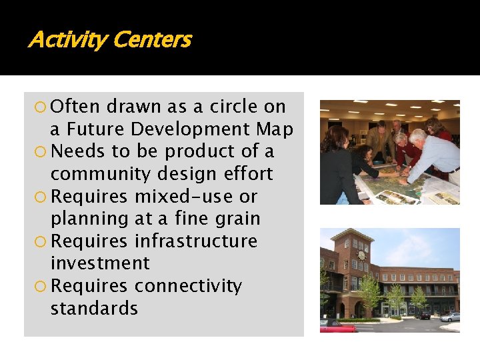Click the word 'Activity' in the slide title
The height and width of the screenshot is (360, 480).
[68, 40]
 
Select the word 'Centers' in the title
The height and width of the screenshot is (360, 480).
[152, 40]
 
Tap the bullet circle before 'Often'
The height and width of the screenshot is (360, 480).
[41, 107]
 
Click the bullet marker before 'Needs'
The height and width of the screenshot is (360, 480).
[41, 151]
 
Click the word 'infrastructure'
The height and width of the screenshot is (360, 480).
[196, 241]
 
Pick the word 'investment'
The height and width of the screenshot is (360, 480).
[100, 263]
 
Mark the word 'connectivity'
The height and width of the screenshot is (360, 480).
[188, 285]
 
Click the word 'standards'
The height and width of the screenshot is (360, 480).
[94, 309]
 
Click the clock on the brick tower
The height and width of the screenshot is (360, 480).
[361, 255]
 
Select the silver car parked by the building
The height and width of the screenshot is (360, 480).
[450, 317]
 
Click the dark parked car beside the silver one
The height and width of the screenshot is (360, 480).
[423, 315]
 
